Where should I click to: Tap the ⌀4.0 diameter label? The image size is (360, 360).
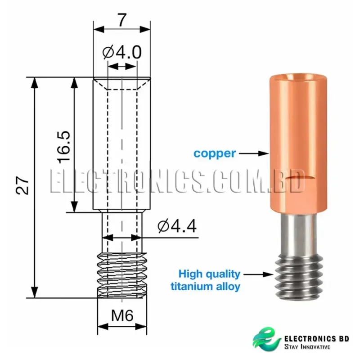[x=121, y=53]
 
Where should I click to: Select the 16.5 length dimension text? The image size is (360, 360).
[x=63, y=147]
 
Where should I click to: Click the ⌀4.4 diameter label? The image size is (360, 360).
[x=177, y=226]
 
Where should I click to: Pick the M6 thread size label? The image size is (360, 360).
[x=122, y=316]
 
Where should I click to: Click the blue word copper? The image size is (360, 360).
[x=215, y=153]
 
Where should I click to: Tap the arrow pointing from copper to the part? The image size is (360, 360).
[x=253, y=153]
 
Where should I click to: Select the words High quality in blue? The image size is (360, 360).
[x=209, y=274]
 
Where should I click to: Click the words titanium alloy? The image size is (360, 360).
[x=206, y=286]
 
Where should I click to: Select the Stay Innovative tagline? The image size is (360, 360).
[x=307, y=347]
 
